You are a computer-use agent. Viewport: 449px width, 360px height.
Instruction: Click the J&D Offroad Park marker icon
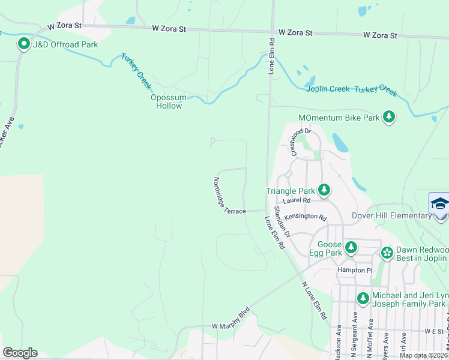24,44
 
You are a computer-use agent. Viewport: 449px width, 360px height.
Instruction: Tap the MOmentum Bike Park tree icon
389,117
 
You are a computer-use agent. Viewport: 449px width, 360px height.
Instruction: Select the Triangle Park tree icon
324,190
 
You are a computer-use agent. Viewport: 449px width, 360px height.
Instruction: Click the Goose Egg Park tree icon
351,247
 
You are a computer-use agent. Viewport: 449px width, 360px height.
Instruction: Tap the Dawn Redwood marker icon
387,253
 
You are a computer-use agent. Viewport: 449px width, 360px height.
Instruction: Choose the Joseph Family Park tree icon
363,298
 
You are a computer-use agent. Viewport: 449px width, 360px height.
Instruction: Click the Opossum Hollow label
169,101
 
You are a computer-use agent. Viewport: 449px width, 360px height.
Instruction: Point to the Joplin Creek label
328,89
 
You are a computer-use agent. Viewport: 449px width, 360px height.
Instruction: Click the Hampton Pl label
355,270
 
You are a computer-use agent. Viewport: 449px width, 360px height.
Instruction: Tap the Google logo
20,353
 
